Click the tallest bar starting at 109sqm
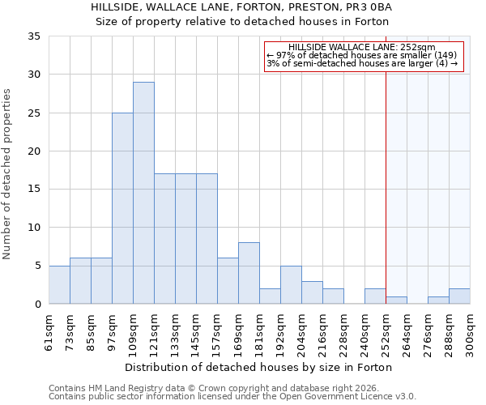tap(143, 193)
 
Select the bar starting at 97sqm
tap(122, 208)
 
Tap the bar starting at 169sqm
tap(249, 273)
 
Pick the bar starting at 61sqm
tap(59, 284)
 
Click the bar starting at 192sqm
tap(291, 284)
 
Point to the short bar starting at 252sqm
tap(396, 300)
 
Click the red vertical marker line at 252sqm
tap(386, 178)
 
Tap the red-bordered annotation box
tap(364, 57)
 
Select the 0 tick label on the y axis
tap(37, 305)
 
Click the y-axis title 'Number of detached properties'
tap(7, 174)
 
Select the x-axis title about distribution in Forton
tap(259, 367)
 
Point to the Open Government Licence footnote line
tap(232, 397)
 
